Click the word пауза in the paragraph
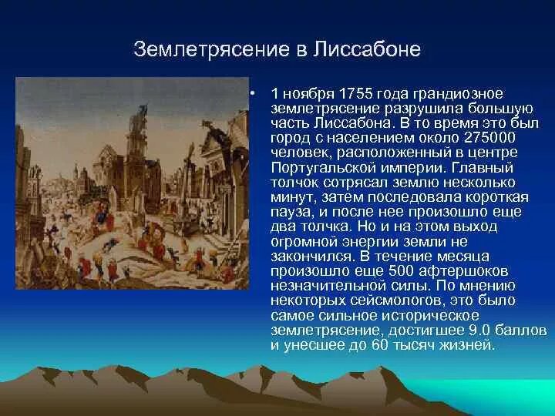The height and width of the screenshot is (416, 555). coord(292,211)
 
